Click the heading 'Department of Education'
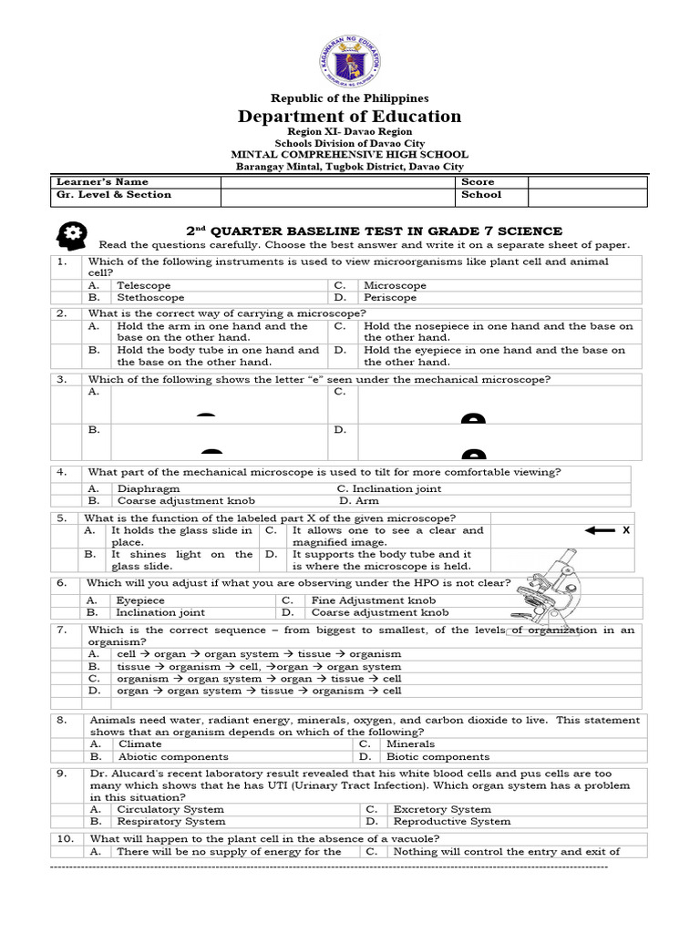350,116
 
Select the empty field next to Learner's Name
338,181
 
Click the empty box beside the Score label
587,181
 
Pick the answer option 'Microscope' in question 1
395,285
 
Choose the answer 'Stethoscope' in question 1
150,297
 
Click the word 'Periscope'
390,297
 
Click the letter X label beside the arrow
626,529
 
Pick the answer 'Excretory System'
442,809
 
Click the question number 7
62,630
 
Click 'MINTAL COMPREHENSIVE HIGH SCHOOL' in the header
350,155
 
